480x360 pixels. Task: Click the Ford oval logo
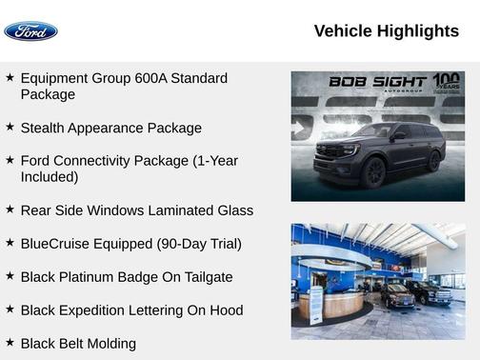pos(30,31)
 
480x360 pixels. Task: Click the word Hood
pos(225,310)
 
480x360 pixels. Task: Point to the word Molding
pos(110,343)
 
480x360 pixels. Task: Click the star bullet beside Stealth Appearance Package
pos(10,127)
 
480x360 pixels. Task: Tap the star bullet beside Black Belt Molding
pos(10,342)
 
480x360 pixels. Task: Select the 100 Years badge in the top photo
pos(446,82)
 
